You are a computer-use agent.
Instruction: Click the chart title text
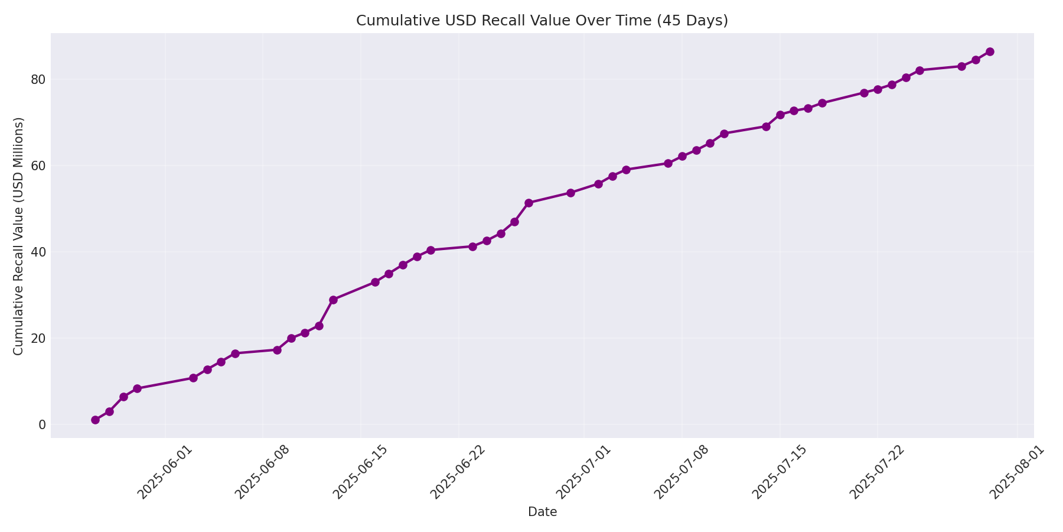(x=542, y=21)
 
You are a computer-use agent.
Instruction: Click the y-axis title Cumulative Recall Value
(x=19, y=236)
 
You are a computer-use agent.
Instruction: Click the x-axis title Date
(x=542, y=512)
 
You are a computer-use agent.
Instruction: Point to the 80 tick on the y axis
(x=38, y=79)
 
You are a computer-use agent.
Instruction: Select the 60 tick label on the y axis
(x=38, y=166)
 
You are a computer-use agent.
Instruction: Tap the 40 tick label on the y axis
(x=38, y=252)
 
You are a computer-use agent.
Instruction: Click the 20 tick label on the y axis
(x=38, y=338)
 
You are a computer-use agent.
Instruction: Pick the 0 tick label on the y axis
(x=41, y=424)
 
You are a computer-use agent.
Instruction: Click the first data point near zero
(x=95, y=420)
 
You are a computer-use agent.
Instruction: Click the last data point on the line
(x=990, y=51)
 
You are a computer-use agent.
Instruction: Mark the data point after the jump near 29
(x=333, y=300)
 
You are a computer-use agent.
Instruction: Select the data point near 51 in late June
(x=529, y=203)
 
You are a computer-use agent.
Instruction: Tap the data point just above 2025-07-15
(x=780, y=115)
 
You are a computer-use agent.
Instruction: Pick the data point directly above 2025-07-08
(x=682, y=156)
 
